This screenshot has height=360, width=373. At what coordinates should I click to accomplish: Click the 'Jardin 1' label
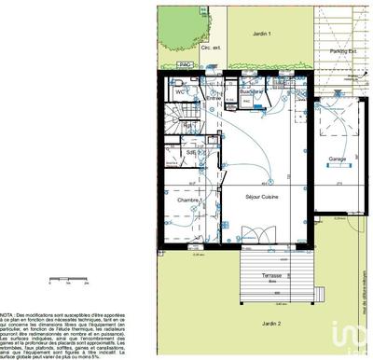coord(261,34)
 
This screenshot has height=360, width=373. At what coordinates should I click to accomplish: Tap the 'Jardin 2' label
coord(269,322)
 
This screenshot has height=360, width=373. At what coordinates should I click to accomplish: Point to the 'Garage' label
coord(337,159)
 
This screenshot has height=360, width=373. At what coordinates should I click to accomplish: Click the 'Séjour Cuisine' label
coord(260,196)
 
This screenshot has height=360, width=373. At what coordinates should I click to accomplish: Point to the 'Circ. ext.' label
coord(185,45)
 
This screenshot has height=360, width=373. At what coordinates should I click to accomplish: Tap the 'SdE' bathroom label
coord(190,152)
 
